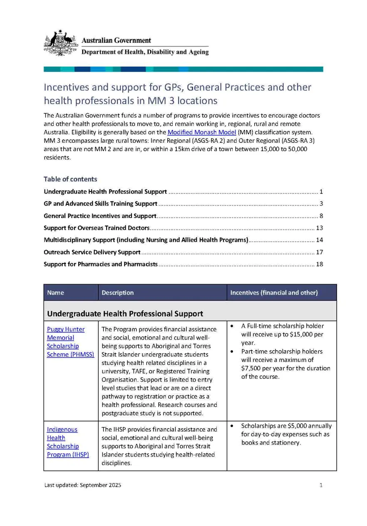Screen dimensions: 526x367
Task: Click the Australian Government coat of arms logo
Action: click(x=61, y=43)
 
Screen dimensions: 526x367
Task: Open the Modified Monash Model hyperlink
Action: click(x=201, y=132)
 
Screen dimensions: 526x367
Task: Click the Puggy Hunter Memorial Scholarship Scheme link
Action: click(x=66, y=342)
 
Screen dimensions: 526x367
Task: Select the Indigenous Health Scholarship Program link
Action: click(x=67, y=442)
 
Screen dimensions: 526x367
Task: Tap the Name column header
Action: click(x=56, y=293)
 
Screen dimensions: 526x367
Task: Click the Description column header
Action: click(x=118, y=293)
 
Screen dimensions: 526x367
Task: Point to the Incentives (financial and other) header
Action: click(x=274, y=293)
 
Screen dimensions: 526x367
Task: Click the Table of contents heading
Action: click(x=70, y=179)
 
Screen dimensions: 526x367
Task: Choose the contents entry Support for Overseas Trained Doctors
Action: click(x=96, y=228)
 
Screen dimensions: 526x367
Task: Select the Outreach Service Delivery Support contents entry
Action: click(x=92, y=252)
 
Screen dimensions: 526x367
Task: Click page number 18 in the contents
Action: click(x=319, y=264)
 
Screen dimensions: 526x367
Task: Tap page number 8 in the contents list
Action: click(x=321, y=216)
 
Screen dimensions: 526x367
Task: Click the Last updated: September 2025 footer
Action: click(x=83, y=485)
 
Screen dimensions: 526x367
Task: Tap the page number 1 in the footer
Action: click(x=321, y=485)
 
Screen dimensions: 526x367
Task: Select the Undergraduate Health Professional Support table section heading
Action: click(x=125, y=313)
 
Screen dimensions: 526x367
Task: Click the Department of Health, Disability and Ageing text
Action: click(x=145, y=52)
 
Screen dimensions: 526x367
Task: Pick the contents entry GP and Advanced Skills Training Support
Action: click(x=100, y=203)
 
